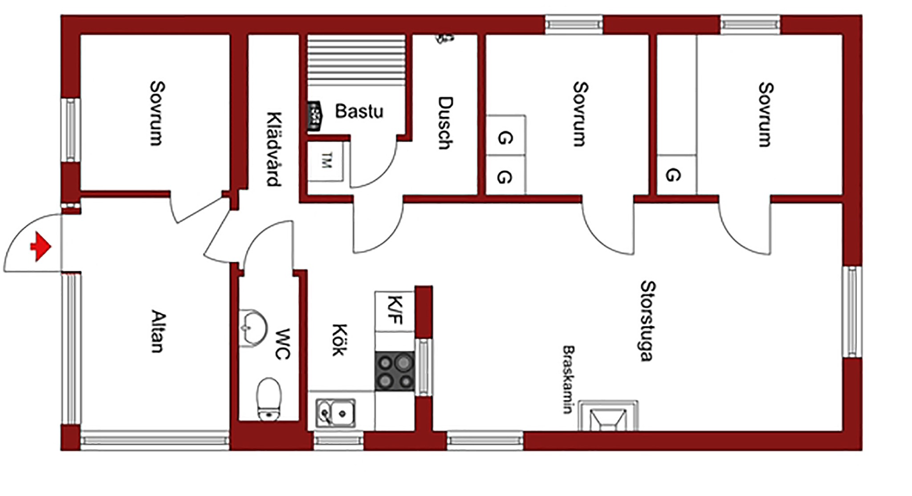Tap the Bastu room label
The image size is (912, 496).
[x=359, y=111]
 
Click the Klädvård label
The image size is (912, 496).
[x=274, y=149]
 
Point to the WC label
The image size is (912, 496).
[x=283, y=344]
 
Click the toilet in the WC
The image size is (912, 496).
[x=269, y=399]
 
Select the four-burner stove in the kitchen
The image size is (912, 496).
[x=395, y=371]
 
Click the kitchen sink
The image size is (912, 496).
[x=336, y=413]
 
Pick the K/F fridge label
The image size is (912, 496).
[x=395, y=310]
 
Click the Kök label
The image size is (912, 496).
[x=338, y=339]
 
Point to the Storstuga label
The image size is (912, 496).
[x=647, y=321]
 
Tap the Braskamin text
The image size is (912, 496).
[x=568, y=379]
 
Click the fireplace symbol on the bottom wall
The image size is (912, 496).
[x=608, y=416]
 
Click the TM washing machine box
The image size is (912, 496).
[x=326, y=161]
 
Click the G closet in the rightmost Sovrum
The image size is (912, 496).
[x=673, y=175]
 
